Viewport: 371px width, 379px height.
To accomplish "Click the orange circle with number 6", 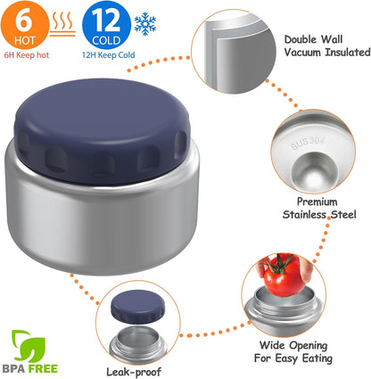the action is pyautogui.click(x=25, y=24).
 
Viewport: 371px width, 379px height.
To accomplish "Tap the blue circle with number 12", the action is pyautogui.click(x=106, y=25).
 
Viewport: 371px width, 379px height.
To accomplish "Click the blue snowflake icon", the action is pyautogui.click(x=145, y=24).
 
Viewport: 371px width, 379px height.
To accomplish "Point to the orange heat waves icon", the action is pyautogui.click(x=62, y=24).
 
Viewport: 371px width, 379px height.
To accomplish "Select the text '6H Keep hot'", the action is pyautogui.click(x=27, y=55).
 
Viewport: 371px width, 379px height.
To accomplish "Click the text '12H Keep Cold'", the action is pyautogui.click(x=109, y=55).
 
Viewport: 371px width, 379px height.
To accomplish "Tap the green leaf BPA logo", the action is pyautogui.click(x=28, y=345).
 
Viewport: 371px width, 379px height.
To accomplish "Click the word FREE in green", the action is pyautogui.click(x=43, y=369).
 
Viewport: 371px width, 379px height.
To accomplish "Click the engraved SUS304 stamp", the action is pyautogui.click(x=308, y=143).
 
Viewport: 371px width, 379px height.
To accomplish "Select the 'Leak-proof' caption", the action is pyautogui.click(x=134, y=372).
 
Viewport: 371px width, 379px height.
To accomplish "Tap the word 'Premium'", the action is pyautogui.click(x=317, y=202).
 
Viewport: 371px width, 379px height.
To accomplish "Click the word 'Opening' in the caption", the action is pyautogui.click(x=309, y=346).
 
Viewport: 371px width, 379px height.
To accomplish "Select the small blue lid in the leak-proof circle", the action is pyautogui.click(x=137, y=307).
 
